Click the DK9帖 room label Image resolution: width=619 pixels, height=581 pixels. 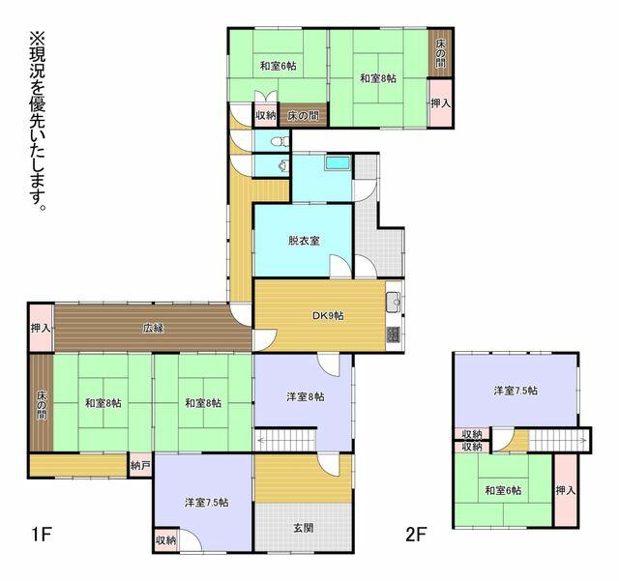tap(328, 316)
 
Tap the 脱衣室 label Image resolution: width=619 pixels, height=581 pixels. tap(304, 241)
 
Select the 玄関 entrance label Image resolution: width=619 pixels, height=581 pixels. tap(303, 527)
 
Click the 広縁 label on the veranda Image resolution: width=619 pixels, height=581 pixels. tap(153, 328)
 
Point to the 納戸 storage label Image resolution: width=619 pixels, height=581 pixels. tap(140, 465)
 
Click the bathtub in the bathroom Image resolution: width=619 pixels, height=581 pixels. tap(338, 163)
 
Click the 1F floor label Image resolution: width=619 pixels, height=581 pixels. tap(42, 535)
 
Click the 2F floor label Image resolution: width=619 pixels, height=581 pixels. tap(417, 535)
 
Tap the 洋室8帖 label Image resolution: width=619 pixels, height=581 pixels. tap(306, 396)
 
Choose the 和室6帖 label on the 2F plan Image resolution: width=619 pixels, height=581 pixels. tap(503, 491)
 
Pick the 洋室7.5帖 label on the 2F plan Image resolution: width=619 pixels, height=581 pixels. tap(516, 391)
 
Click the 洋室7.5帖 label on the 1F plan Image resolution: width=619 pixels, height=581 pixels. tap(206, 503)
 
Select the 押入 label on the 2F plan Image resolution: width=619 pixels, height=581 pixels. tap(565, 491)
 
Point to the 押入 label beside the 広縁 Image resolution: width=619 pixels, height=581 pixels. tap(41, 328)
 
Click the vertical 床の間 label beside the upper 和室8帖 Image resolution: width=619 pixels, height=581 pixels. tap(441, 53)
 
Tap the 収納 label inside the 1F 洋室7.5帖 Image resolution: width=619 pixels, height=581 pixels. tap(165, 540)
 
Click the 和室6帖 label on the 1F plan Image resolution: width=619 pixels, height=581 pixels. tap(279, 66)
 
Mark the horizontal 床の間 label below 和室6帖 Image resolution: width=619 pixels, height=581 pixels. tap(303, 116)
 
